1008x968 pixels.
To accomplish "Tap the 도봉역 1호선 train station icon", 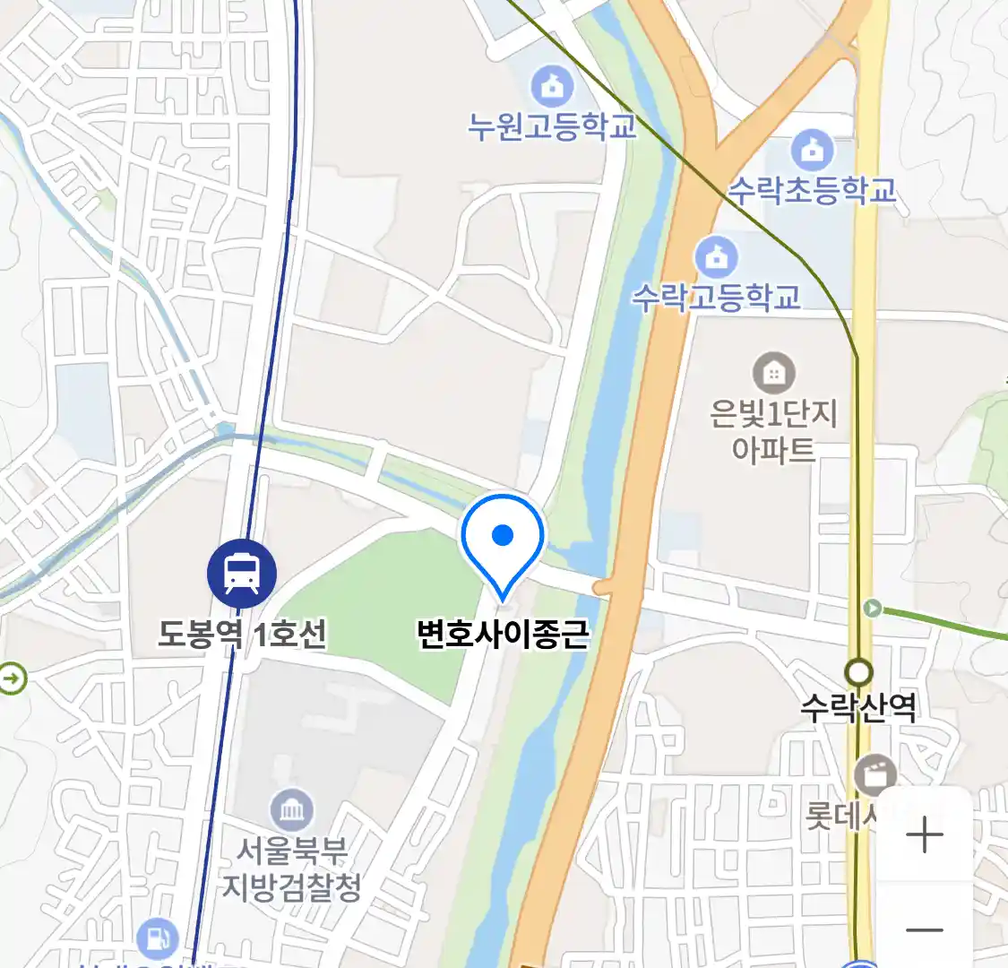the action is pyautogui.click(x=242, y=574).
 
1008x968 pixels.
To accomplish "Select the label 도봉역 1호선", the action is pyautogui.click(x=242, y=635).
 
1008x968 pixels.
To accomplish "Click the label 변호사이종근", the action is pyautogui.click(x=503, y=634).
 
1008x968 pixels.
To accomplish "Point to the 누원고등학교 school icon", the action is pyautogui.click(x=552, y=87).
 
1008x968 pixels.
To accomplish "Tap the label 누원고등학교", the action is pyautogui.click(x=552, y=125).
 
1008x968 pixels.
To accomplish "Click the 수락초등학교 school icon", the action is pyautogui.click(x=812, y=151).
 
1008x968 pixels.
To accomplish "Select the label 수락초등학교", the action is pyautogui.click(x=812, y=190).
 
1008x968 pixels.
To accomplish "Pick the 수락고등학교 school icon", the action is pyautogui.click(x=716, y=258).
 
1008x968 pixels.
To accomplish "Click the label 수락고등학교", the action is pyautogui.click(x=716, y=297).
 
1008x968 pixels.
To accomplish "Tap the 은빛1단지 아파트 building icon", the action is pyautogui.click(x=773, y=372).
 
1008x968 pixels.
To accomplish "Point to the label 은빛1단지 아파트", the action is pyautogui.click(x=773, y=430).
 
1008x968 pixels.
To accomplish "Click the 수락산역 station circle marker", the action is pyautogui.click(x=859, y=671).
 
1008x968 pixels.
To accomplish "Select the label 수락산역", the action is pyautogui.click(x=858, y=708).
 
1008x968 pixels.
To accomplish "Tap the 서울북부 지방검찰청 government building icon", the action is pyautogui.click(x=292, y=811).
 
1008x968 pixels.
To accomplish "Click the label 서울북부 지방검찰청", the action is pyautogui.click(x=292, y=868).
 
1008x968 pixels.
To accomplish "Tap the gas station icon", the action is pyautogui.click(x=158, y=938).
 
